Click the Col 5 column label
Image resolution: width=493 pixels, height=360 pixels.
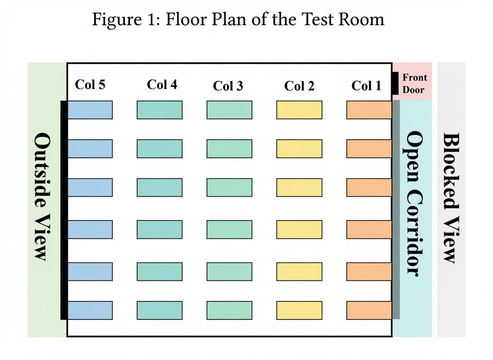click(90, 84)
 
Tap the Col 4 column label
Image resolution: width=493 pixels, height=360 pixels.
click(162, 84)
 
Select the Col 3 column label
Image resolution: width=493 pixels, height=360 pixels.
click(228, 85)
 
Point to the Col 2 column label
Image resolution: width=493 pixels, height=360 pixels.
click(299, 85)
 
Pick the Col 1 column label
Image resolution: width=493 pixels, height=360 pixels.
click(366, 85)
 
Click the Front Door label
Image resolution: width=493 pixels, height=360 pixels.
click(415, 83)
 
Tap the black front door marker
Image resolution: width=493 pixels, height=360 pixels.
click(395, 83)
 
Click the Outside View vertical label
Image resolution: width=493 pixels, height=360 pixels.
click(42, 197)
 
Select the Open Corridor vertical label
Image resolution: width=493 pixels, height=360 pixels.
click(414, 204)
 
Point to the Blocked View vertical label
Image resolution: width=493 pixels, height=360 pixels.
click(451, 197)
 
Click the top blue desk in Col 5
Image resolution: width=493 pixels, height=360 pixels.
click(90, 110)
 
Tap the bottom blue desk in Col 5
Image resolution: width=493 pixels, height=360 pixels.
click(90, 310)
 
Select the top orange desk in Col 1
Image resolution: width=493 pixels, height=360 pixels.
click(369, 110)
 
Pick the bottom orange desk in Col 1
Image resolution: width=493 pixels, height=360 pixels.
click(369, 310)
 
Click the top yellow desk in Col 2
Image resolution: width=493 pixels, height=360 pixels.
click(299, 110)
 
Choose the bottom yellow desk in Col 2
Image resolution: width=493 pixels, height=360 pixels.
click(299, 310)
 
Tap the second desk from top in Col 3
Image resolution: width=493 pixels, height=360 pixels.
click(229, 148)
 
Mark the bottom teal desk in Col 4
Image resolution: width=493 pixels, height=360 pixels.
click(159, 310)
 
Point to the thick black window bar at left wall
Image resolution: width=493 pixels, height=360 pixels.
click(64, 210)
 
